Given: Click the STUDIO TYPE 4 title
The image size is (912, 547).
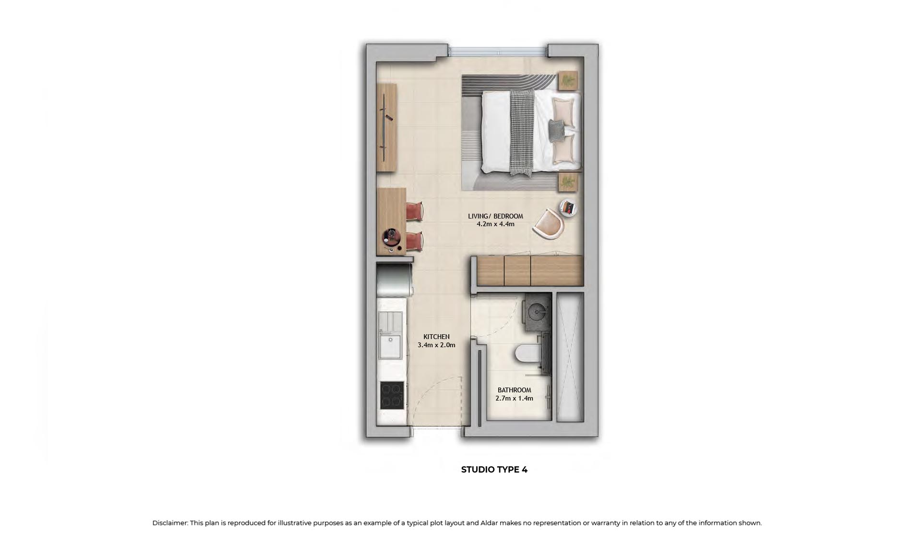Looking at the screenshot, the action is point(494,470).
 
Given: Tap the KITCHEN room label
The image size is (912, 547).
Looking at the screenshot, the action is point(436,337).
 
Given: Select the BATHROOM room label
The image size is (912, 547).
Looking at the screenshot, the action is point(514,390).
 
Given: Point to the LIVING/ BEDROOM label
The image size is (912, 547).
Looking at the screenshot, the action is point(495,216).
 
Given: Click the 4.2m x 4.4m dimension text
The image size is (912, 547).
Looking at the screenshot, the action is point(495,224).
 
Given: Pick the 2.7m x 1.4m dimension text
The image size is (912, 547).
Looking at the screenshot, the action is point(514,398).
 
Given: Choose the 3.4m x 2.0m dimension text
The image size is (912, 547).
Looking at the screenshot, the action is point(436,345).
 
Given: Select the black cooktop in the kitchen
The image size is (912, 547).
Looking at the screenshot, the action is point(392,395).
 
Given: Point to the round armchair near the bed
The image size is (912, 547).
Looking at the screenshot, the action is point(550,223).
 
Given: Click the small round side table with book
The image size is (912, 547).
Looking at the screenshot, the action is point(568,207).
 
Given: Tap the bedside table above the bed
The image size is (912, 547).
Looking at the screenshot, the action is point(568,80).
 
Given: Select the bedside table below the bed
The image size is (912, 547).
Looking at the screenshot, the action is point(568,182).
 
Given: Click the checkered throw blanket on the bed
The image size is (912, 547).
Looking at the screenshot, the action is point(521,133).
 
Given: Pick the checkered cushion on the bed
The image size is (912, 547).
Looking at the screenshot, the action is point(557,130).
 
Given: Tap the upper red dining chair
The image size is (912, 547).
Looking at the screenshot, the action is point(415,211).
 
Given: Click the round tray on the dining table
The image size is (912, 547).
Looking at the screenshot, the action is point(391,236).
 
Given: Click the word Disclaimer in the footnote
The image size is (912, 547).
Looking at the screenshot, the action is point(169,523).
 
